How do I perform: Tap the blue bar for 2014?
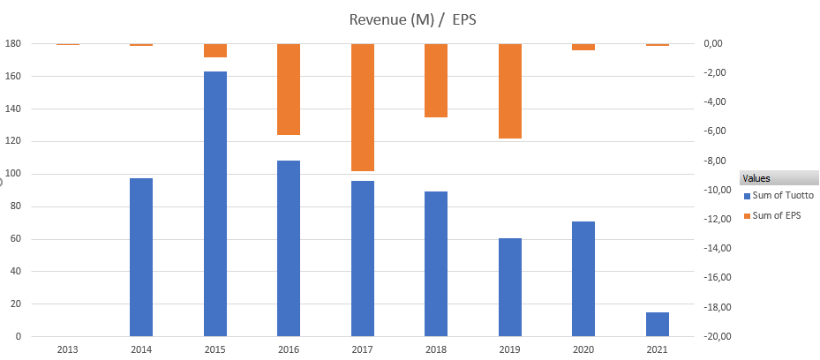coord(141,257)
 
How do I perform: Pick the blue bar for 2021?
coord(657,324)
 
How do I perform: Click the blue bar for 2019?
coord(510,287)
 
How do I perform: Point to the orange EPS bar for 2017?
coord(363,107)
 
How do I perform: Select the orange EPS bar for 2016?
coord(289,89)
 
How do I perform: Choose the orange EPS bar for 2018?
coord(436,80)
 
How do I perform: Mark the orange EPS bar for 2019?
coord(510,91)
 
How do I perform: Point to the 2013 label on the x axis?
coord(67,349)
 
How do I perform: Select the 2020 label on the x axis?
coord(583,349)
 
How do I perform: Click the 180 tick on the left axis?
coord(12,44)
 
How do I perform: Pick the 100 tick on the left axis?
coord(12,175)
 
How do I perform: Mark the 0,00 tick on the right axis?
coord(714,44)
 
